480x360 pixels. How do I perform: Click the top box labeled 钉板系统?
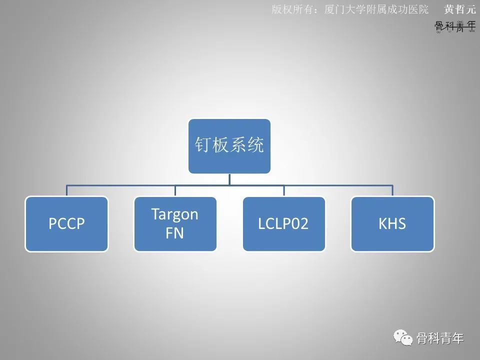229,146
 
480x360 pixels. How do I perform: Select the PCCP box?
66,223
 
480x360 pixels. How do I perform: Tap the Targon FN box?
175,223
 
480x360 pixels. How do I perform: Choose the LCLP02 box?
283,223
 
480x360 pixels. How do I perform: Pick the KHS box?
392,223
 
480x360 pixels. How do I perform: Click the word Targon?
175,214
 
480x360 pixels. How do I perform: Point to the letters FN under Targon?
175,233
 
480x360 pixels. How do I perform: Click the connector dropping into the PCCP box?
67,190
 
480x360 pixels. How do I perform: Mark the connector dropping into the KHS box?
392,190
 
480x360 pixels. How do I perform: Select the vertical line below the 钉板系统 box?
229,179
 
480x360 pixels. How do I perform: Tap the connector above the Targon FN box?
175,190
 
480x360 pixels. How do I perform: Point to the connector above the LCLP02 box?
284,190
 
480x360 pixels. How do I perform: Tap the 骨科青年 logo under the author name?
455,26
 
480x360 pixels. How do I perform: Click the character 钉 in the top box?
202,145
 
